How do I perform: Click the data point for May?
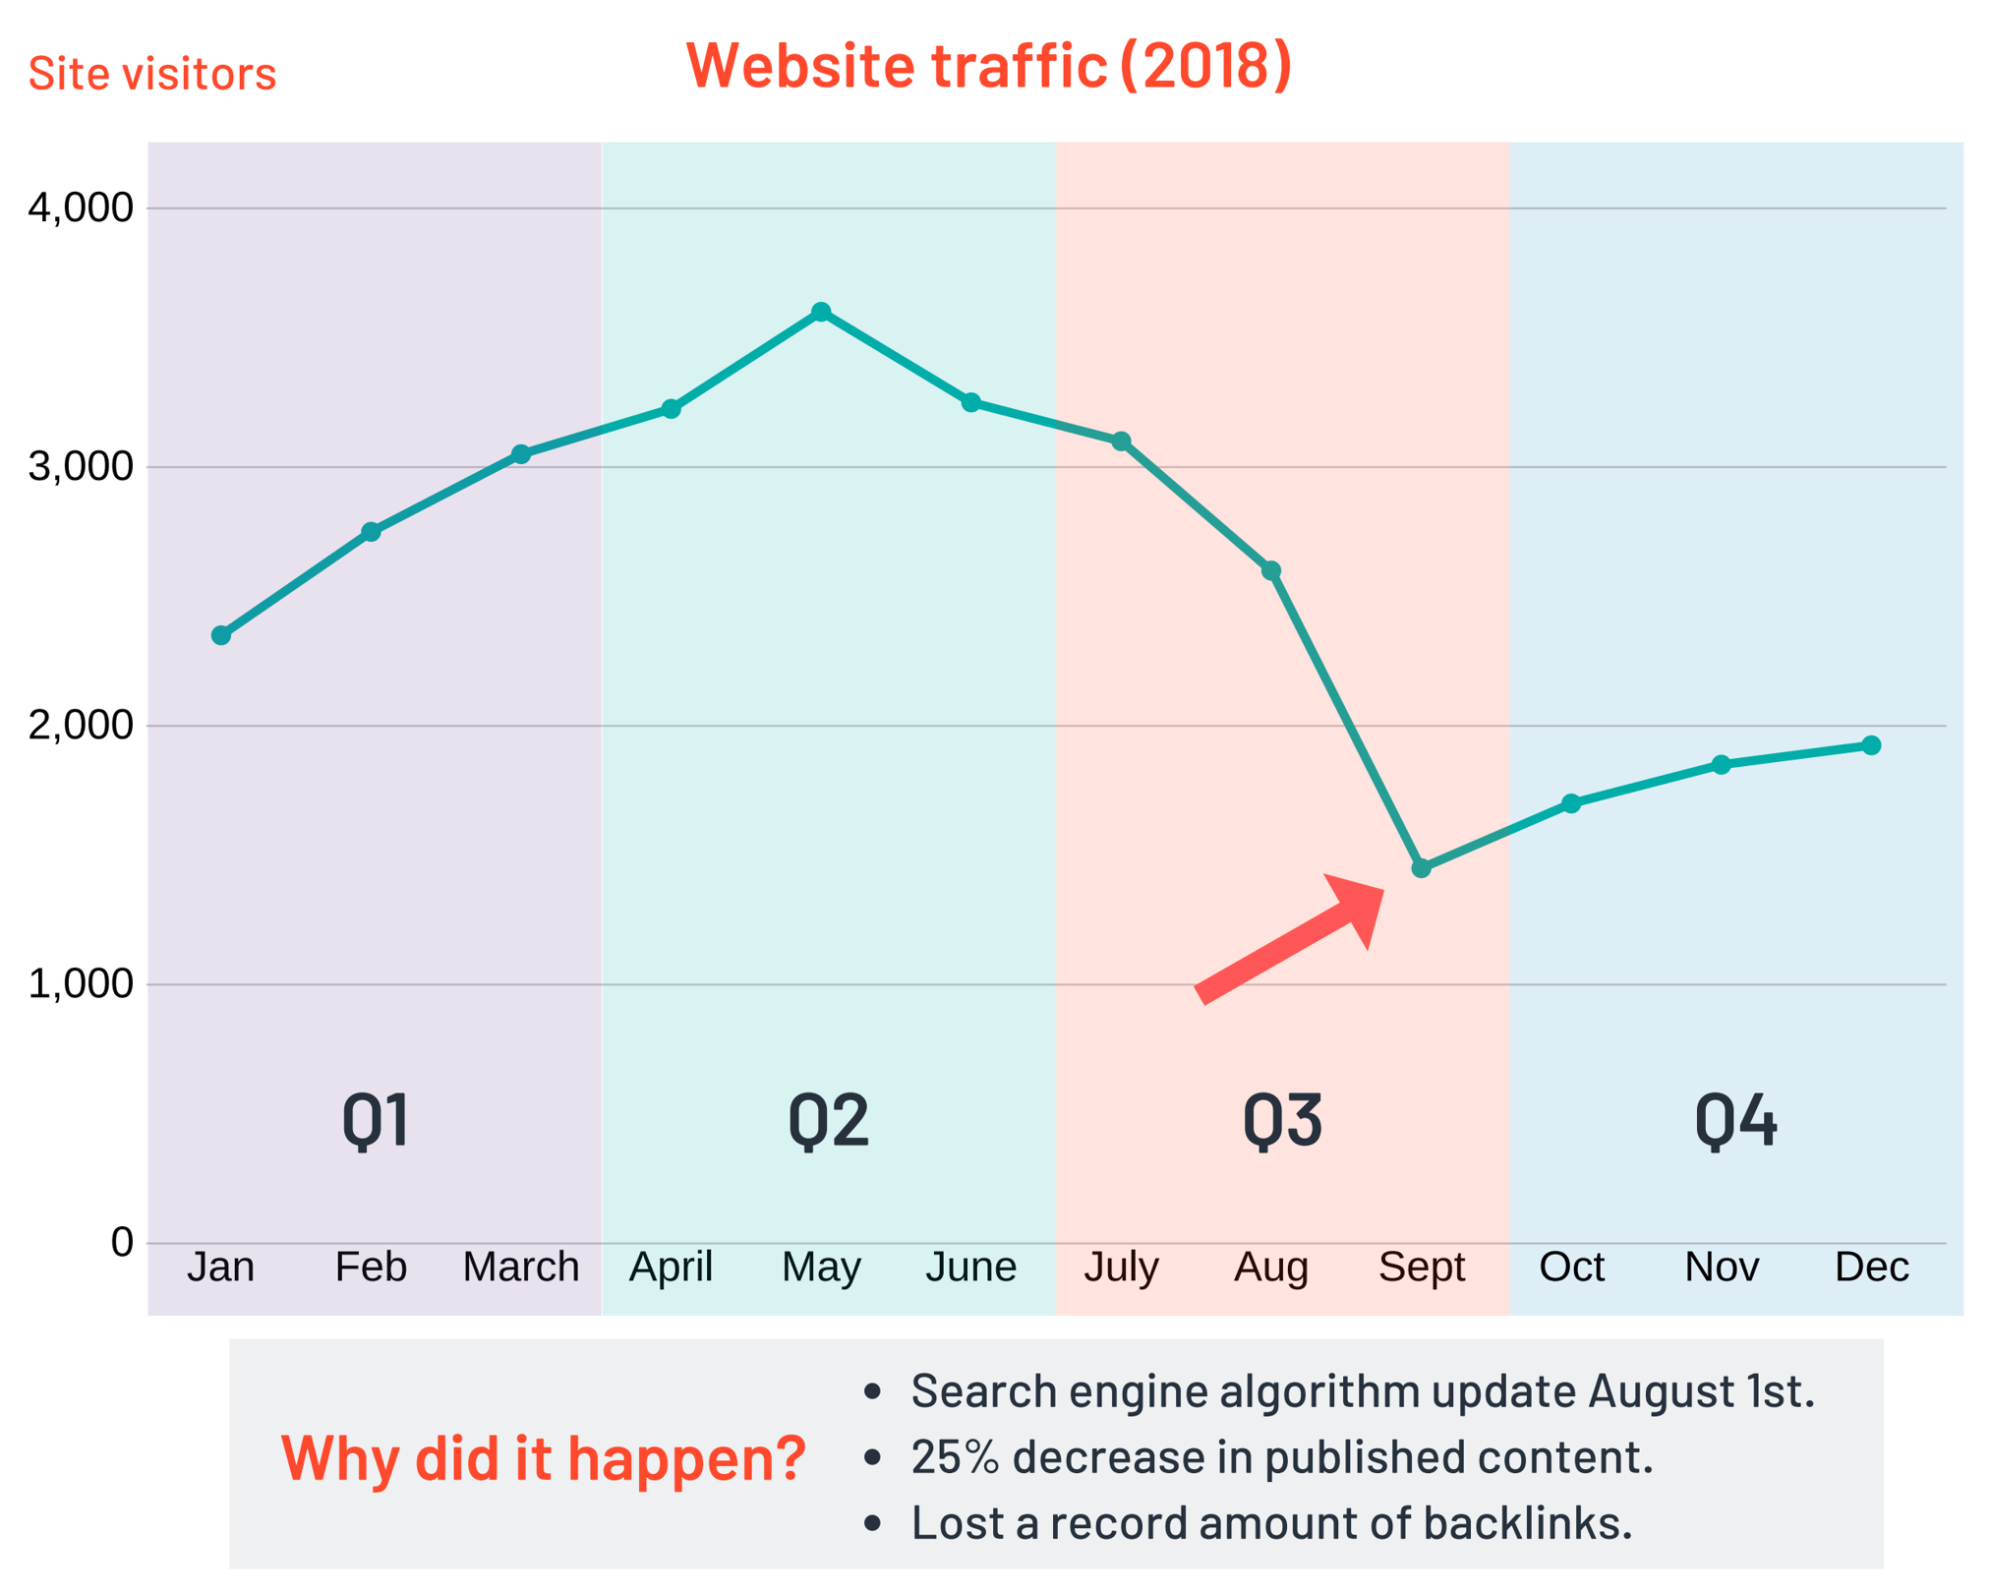coord(821,312)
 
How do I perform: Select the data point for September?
coord(1421,868)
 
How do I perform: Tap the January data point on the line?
coord(221,635)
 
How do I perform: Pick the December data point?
coord(1871,745)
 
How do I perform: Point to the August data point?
coord(1271,570)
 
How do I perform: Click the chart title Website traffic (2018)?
coord(988,66)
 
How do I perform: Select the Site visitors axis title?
coord(152,74)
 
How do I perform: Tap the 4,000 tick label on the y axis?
coord(81,207)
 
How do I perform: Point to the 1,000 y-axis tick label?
coord(81,983)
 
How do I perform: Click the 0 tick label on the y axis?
coord(122,1242)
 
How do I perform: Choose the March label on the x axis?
coord(521,1267)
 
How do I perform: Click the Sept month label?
coord(1421,1267)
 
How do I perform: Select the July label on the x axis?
coord(1121,1267)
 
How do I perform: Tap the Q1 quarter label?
coord(375,1120)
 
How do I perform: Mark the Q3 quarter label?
coord(1282,1120)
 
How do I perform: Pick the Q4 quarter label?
coord(1735,1120)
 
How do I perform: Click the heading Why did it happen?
coord(543,1457)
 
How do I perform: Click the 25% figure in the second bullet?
coord(955,1456)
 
